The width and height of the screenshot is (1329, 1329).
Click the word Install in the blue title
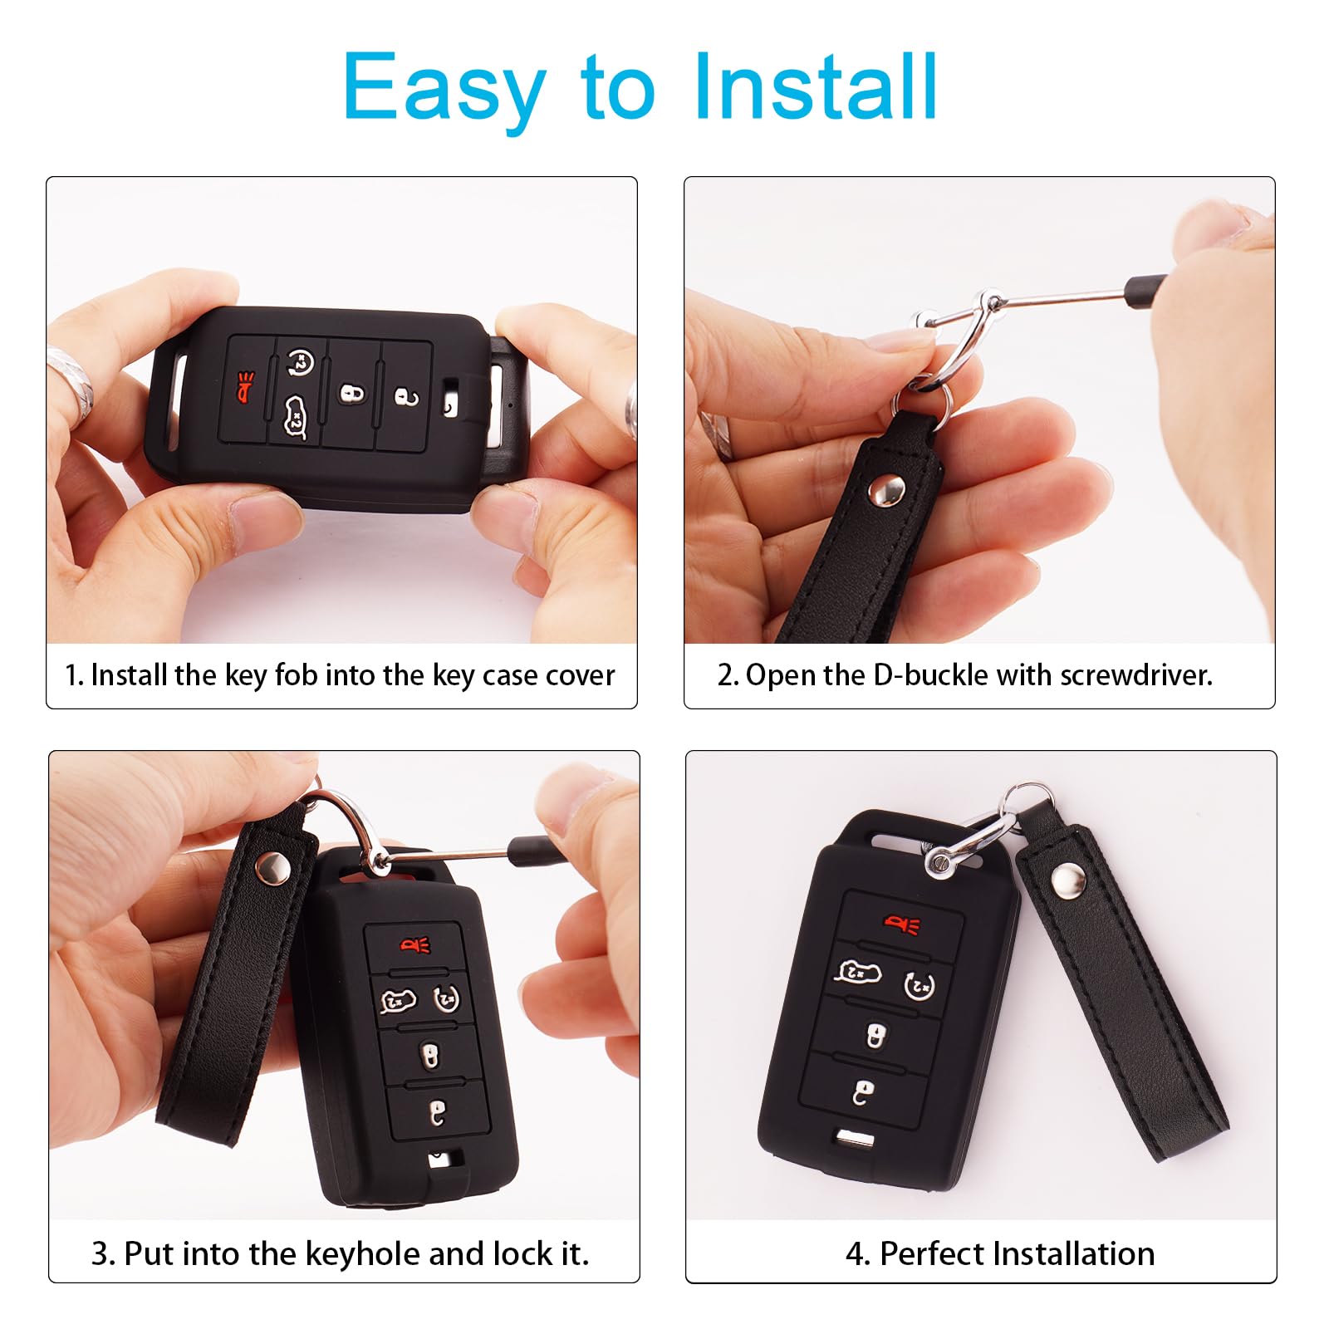coord(816,87)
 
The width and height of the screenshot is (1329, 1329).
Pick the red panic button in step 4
coord(902,924)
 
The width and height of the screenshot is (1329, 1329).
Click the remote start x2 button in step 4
coord(919,986)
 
